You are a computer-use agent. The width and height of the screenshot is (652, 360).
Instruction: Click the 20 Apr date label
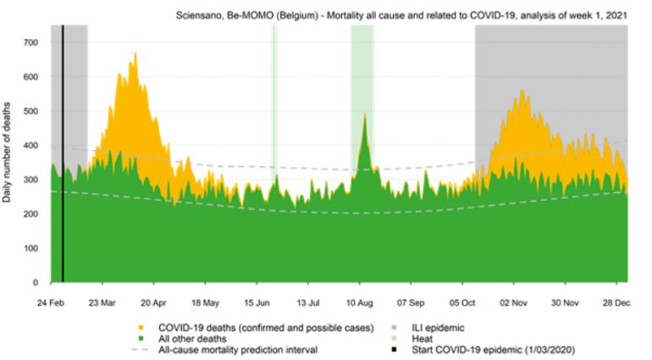pyautogui.click(x=153, y=301)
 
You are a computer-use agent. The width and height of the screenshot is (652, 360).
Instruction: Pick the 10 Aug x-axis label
pyautogui.click(x=361, y=301)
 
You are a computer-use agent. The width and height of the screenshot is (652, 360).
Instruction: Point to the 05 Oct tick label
pyautogui.click(x=464, y=301)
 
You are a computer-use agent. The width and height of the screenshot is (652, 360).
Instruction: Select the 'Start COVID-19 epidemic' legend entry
pyautogui.click(x=489, y=350)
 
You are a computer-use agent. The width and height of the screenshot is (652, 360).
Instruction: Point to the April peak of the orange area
pyautogui.click(x=135, y=54)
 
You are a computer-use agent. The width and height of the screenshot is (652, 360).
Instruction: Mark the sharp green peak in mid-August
pyautogui.click(x=364, y=114)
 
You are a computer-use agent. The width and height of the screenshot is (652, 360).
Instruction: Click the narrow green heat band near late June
pyautogui.click(x=274, y=102)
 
